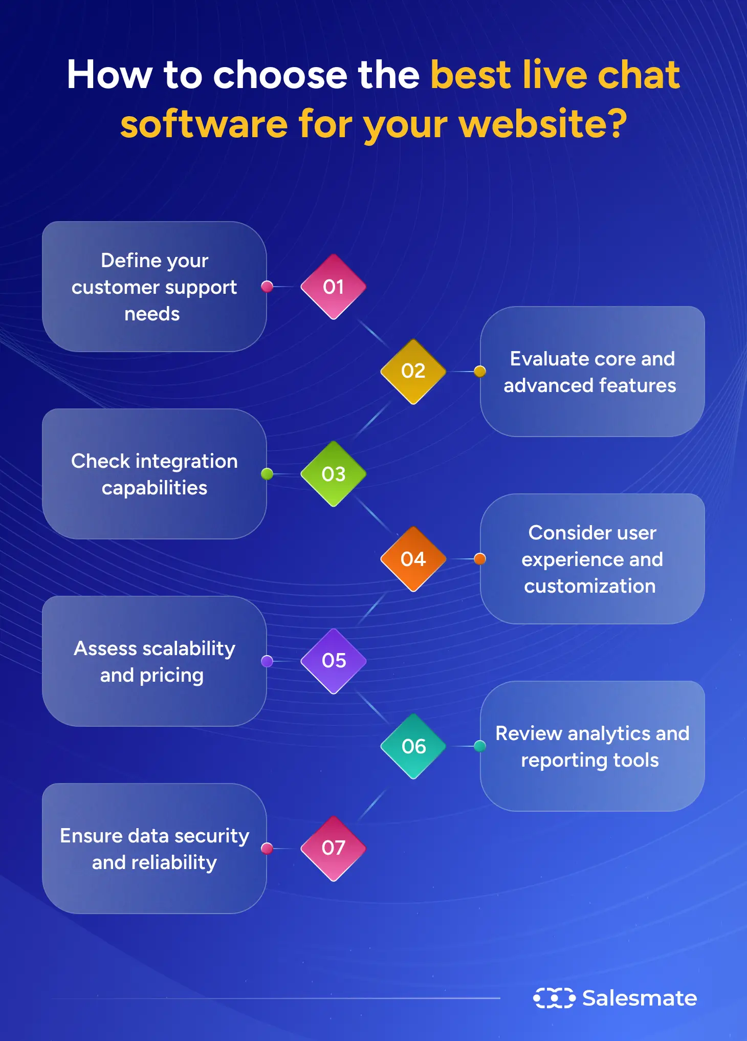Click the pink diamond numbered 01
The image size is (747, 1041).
[333, 287]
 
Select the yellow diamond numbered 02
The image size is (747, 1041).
[413, 371]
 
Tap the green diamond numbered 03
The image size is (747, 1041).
[333, 474]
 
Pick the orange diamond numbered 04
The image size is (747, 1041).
[413, 559]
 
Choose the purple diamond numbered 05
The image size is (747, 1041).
[334, 661]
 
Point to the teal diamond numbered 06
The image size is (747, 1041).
[413, 746]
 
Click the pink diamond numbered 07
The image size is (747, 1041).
[333, 848]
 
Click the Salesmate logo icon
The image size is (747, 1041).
[554, 998]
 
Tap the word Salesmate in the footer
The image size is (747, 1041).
[640, 998]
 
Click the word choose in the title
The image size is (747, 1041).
[280, 75]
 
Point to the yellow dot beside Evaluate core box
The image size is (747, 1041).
[479, 371]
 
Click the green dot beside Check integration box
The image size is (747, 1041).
[267, 474]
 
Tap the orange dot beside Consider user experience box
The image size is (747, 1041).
[479, 559]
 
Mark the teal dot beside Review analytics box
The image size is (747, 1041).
[479, 746]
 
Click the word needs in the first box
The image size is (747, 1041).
[152, 314]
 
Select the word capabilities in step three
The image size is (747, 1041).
[155, 488]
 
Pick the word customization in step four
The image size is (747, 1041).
[590, 586]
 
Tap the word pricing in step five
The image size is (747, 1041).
[171, 676]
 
